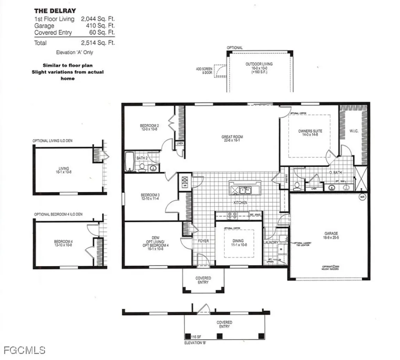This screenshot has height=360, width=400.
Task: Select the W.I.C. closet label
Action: [354, 131]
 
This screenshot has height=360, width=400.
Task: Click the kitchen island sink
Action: [246, 190]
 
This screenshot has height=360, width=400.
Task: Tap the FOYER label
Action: [203, 241]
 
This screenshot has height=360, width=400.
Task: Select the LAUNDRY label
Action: [271, 242]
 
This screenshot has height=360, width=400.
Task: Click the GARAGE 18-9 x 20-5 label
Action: [330, 236]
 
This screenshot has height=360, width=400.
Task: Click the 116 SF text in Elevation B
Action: [196, 336]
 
